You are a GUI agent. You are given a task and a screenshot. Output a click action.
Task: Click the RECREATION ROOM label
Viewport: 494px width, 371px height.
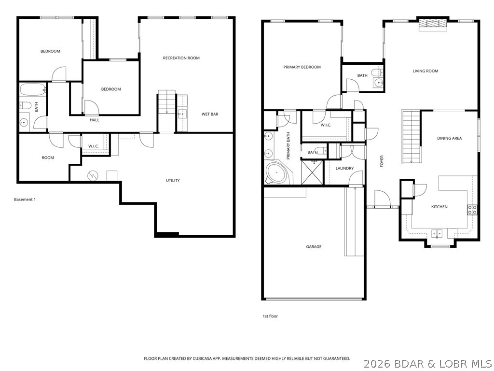[181, 58]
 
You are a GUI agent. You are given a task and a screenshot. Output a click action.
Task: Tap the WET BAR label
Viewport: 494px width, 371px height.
[210, 114]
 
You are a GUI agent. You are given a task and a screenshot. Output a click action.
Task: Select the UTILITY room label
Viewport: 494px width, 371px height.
[173, 181]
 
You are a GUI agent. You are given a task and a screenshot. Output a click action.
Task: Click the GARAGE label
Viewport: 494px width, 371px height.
[314, 247]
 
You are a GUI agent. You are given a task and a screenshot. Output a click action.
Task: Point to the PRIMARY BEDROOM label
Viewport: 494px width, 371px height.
[302, 67]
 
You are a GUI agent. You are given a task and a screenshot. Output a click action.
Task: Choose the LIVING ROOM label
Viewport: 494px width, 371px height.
[425, 71]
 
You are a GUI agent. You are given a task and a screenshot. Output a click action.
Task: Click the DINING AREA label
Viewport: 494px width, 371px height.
[449, 138]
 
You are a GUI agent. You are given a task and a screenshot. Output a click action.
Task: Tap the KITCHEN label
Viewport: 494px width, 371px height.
[439, 207]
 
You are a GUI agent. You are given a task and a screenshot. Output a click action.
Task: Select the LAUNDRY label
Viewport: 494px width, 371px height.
[344, 169]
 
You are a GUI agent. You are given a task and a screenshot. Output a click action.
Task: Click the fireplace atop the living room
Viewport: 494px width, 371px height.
[432, 24]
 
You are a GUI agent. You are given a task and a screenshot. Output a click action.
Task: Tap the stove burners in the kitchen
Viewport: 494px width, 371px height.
[472, 210]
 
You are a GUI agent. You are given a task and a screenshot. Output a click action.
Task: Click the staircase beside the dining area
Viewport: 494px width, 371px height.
[411, 136]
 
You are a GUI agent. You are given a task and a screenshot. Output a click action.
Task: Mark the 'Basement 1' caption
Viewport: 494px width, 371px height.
[25, 200]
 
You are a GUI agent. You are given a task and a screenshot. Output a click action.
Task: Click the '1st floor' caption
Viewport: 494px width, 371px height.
[270, 316]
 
